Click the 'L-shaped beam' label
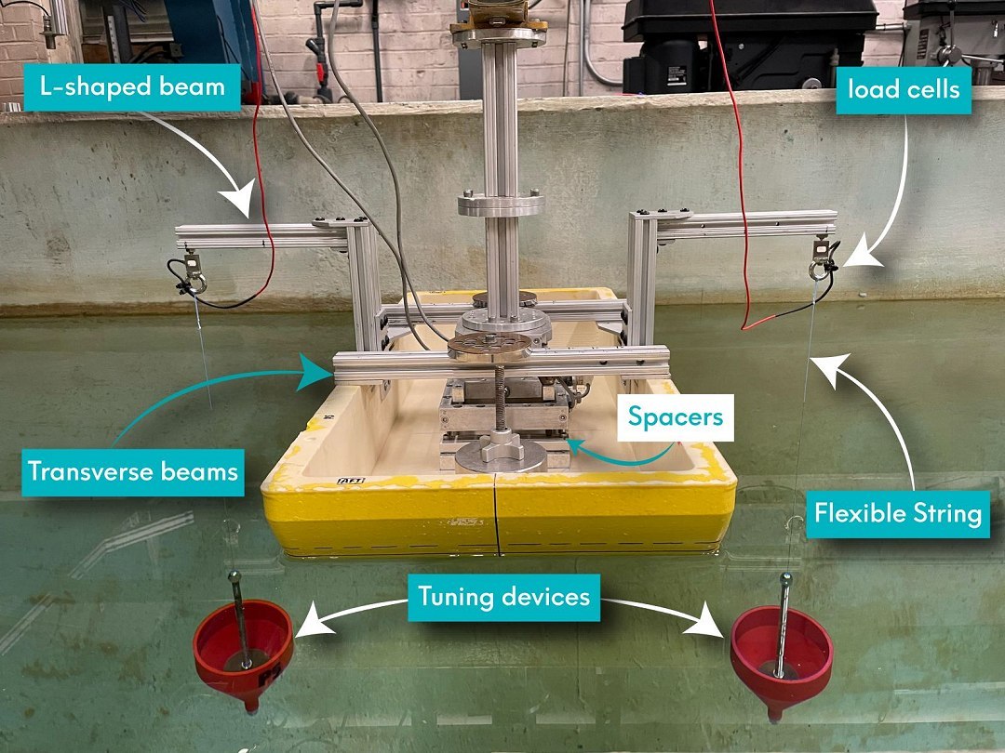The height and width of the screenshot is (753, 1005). point(133,87)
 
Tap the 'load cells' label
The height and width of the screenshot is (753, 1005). point(904,89)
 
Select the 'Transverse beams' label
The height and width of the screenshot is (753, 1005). point(133,472)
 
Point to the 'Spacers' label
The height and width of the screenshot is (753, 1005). point(676,416)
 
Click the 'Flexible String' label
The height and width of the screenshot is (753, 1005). point(898,513)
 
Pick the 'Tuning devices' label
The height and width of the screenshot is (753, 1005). point(503,597)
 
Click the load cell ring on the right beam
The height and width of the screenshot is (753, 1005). point(818,271)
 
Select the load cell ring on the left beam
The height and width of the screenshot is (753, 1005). point(197,283)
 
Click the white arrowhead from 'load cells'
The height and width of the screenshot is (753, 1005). point(863,257)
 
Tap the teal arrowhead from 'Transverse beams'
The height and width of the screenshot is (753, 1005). point(319,372)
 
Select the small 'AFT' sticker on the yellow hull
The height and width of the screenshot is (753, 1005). point(351,481)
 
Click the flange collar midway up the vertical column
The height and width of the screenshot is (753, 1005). point(502,205)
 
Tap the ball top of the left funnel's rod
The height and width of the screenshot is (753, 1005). point(234,576)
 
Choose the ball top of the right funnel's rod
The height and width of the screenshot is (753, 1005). point(785,579)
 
